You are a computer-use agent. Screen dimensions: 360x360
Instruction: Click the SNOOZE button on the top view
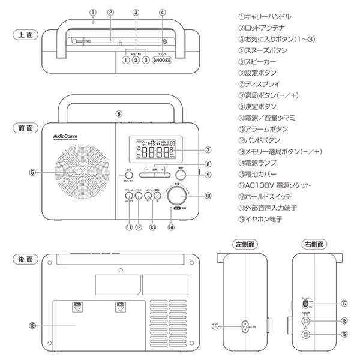click(x=162, y=60)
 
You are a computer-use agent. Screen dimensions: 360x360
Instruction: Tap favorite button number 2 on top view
click(x=136, y=60)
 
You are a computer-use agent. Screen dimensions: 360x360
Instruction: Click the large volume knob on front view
click(x=177, y=194)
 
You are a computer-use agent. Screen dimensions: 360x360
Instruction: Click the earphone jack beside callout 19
click(x=307, y=334)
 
